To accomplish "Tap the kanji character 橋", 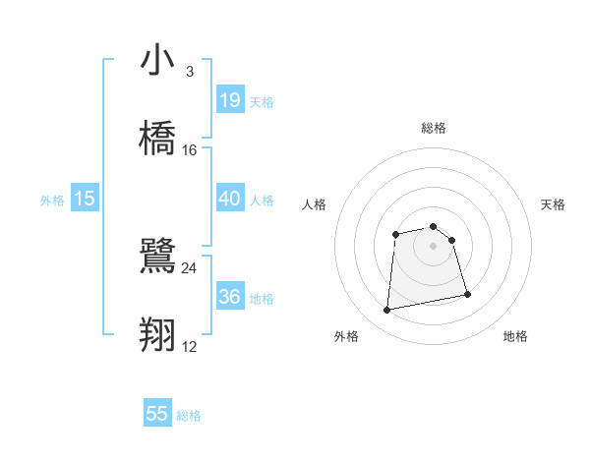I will coord(157,138).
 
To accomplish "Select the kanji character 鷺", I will coord(157,258).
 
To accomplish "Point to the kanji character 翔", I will coord(157,334).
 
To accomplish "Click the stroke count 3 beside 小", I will coord(189,72).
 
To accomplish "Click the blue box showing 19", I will coord(229,99).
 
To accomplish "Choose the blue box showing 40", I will coord(229,198).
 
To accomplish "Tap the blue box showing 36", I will coord(229,296).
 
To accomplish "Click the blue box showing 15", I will coord(85,199).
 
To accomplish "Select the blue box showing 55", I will coord(157,414).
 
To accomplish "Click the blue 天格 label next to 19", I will coord(262,101).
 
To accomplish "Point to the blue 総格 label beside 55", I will coord(189,416).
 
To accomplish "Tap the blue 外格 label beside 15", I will coord(52,201).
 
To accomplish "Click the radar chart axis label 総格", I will coord(433,128).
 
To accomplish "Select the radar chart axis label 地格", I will coord(515,337).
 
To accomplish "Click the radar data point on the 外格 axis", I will coord(387,311).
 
